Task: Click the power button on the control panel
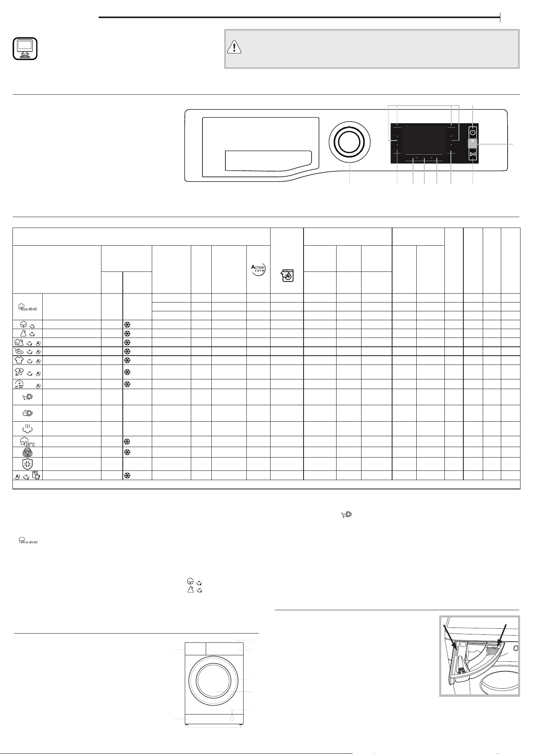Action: (x=473, y=133)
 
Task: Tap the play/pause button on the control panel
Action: (x=473, y=155)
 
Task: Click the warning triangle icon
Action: (x=234, y=48)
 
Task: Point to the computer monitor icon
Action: (x=25, y=49)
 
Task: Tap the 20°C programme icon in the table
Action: (x=27, y=441)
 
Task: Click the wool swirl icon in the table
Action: (x=27, y=452)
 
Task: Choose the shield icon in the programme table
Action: (x=27, y=464)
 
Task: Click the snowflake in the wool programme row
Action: (x=126, y=452)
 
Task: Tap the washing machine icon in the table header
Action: (x=287, y=275)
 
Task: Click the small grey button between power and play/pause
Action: (x=473, y=144)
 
